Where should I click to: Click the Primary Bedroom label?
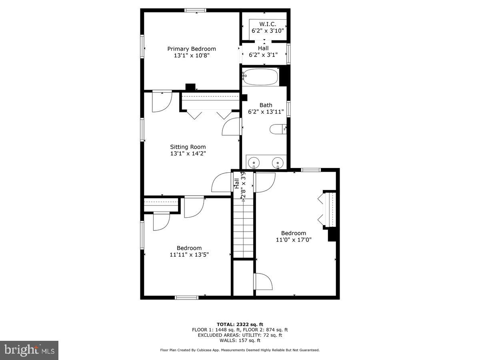pos(191,49)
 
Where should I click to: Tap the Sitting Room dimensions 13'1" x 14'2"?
pos(188,153)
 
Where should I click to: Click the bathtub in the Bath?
pos(260,77)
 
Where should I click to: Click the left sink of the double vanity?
pos(253,163)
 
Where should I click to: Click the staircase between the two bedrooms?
pos(243,228)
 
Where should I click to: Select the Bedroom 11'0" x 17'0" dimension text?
pos(293,240)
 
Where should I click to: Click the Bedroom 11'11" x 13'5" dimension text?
pos(189,254)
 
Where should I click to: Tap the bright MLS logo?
pos(29,350)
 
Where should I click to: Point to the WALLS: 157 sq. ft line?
pos(240,340)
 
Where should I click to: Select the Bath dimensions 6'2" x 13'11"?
pos(266,112)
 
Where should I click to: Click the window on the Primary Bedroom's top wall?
pos(195,10)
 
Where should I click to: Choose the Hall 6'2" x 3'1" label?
pos(263,52)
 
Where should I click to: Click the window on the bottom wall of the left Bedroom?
pos(187,297)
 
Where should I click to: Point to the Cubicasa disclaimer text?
pos(240,350)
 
